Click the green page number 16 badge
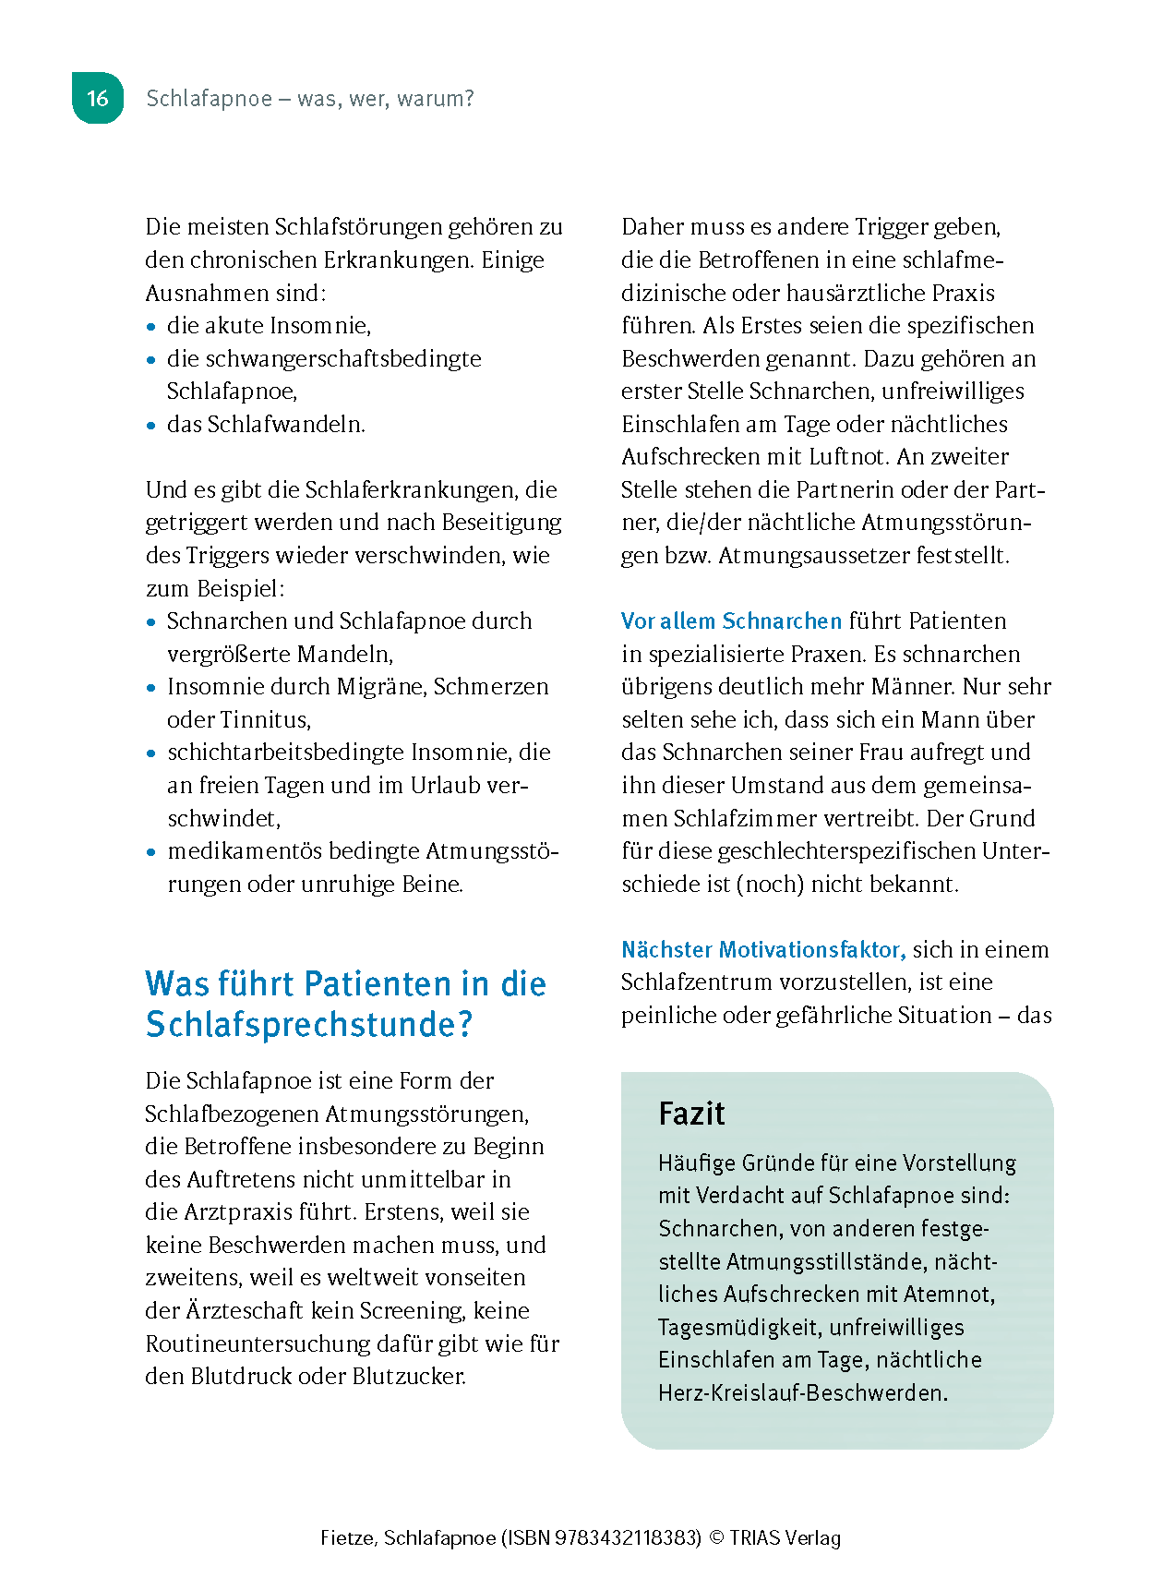click(98, 98)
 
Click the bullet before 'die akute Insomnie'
click(151, 327)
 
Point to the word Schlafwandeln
click(286, 425)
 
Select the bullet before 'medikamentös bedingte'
click(151, 852)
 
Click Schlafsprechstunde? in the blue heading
click(308, 1025)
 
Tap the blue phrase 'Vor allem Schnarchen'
click(731, 621)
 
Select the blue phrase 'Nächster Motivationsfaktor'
click(762, 950)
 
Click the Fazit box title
click(691, 1114)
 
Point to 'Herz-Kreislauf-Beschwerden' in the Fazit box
click(802, 1393)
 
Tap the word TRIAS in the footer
click(756, 1538)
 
